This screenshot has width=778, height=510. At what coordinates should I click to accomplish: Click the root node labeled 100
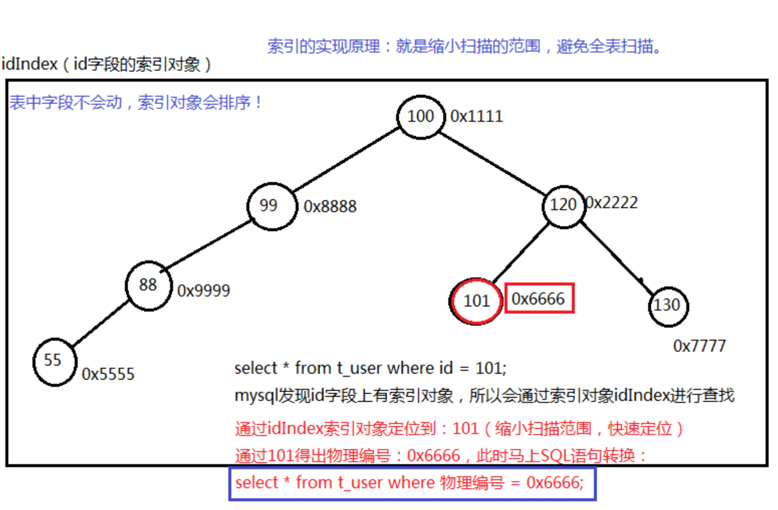point(420,117)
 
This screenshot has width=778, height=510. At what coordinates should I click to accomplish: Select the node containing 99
point(270,205)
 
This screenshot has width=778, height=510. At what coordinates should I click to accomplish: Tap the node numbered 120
point(562,205)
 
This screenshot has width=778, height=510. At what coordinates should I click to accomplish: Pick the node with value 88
point(148,285)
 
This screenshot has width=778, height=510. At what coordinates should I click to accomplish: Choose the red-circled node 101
point(476,301)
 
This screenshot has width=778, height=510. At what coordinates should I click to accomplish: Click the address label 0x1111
point(476,116)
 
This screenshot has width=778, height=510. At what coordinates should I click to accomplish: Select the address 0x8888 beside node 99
point(330,207)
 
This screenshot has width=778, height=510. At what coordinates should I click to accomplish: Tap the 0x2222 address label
point(612,202)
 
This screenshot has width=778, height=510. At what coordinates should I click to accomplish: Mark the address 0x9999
point(204,290)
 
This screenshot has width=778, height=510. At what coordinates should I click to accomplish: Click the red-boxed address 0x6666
point(538,299)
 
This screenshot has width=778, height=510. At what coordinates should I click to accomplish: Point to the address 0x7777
point(699,346)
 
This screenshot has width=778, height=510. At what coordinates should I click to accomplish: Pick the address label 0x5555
point(108,374)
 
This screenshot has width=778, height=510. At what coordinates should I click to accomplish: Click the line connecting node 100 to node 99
point(345,161)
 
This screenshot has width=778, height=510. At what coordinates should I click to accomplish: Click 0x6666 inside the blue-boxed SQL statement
point(554,483)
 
